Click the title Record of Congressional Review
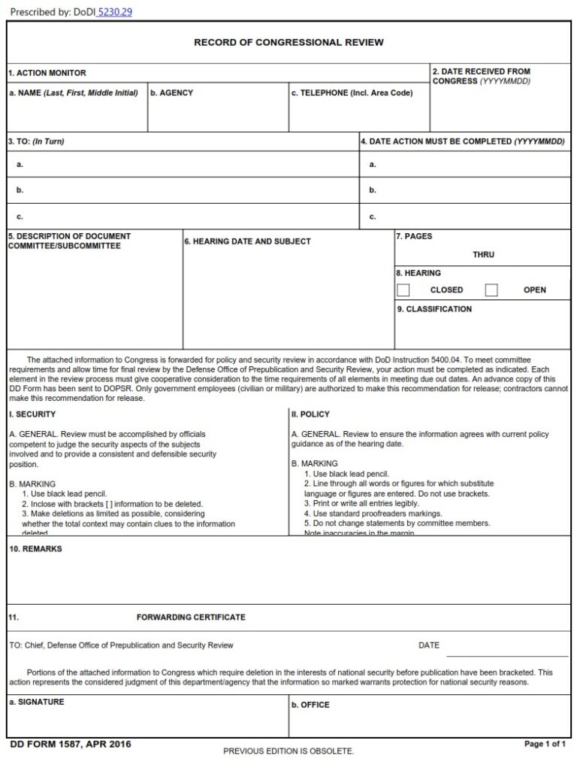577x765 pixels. click(x=288, y=42)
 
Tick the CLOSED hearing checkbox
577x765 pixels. click(x=403, y=290)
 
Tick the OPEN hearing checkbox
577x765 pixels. click(x=491, y=290)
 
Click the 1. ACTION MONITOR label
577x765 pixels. click(x=47, y=73)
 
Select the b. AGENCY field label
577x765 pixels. click(x=171, y=93)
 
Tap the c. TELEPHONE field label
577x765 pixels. click(x=352, y=93)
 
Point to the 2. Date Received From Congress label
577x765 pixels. click(x=481, y=76)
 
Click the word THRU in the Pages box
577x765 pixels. click(x=483, y=255)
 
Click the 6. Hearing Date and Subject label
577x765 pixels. click(x=247, y=241)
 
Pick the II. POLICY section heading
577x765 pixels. click(x=310, y=414)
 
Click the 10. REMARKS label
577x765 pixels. click(x=35, y=549)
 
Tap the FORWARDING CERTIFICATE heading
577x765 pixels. click(x=191, y=618)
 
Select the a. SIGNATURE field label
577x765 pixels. click(x=36, y=702)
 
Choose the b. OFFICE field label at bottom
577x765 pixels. click(x=310, y=705)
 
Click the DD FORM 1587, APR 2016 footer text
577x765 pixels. click(x=71, y=745)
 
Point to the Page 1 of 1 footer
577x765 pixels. click(x=545, y=745)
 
